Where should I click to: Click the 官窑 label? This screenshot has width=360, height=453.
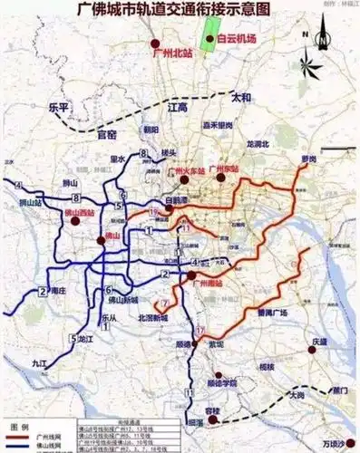pyautogui.click(x=107, y=134)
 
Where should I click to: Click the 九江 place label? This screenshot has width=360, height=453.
pyautogui.click(x=37, y=362)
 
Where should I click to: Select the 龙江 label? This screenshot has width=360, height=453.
pyautogui.click(x=83, y=338)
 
